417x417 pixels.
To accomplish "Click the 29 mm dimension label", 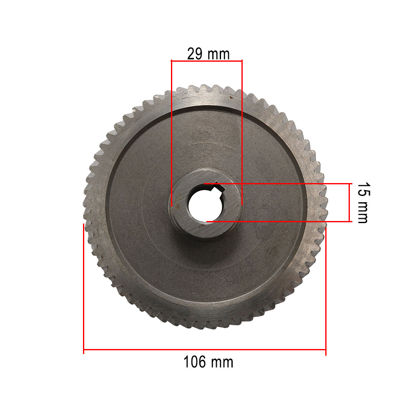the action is [208, 54].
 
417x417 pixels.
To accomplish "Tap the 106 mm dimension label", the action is [208, 362].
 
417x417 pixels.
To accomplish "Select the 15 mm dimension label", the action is [363, 203].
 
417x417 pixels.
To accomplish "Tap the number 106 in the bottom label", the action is [195, 362].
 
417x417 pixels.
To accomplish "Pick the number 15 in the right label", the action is [363, 189].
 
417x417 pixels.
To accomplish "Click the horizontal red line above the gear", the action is [207, 61].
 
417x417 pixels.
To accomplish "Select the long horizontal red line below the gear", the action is [204, 349].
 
